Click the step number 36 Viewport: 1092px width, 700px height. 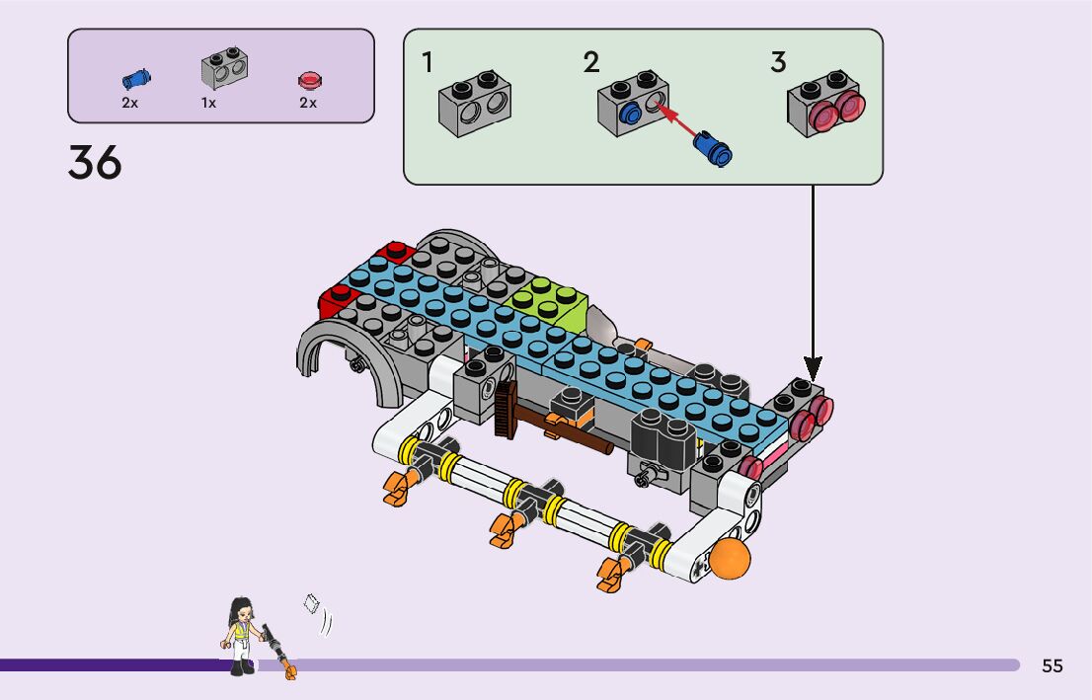pyautogui.click(x=95, y=163)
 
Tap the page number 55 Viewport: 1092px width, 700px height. pyautogui.click(x=1053, y=665)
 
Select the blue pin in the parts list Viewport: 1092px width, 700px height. pyautogui.click(x=135, y=77)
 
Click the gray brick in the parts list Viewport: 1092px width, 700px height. pyautogui.click(x=224, y=67)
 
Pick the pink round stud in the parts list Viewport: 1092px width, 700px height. pyautogui.click(x=309, y=80)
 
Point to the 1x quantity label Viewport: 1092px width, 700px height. pyautogui.click(x=208, y=103)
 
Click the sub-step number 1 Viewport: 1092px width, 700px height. pyautogui.click(x=427, y=63)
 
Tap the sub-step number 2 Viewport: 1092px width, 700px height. pyautogui.click(x=590, y=63)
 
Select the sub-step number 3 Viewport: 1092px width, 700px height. pyautogui.click(x=778, y=63)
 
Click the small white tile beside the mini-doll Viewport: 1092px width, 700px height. pyautogui.click(x=314, y=604)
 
